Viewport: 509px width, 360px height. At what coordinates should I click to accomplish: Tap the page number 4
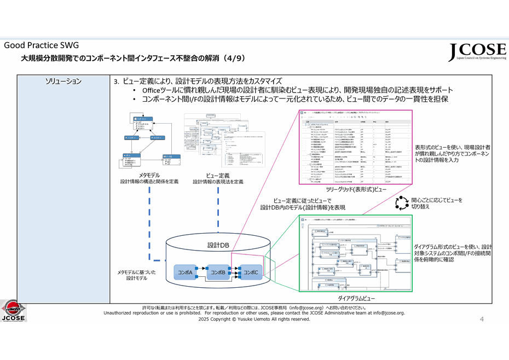(x=482, y=319)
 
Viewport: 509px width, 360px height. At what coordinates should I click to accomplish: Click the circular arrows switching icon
(x=402, y=203)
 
